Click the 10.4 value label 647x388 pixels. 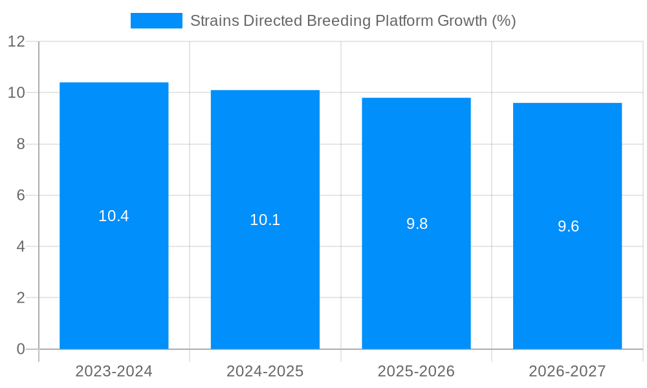coord(114,217)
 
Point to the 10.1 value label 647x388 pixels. coord(265,220)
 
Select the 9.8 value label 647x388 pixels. coord(417,224)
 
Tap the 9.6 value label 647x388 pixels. coord(568,226)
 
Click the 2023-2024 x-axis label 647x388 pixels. coord(114,371)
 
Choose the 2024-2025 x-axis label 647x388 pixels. coord(265,371)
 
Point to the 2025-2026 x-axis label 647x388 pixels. coord(416,371)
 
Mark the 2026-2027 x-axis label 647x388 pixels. coord(567,371)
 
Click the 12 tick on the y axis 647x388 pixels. coord(16,41)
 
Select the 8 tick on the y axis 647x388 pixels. coord(21,144)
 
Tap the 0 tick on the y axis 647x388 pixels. coord(21,349)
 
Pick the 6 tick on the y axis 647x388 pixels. coord(21,195)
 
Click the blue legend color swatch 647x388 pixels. coord(157,21)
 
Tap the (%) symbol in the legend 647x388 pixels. coord(503,21)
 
